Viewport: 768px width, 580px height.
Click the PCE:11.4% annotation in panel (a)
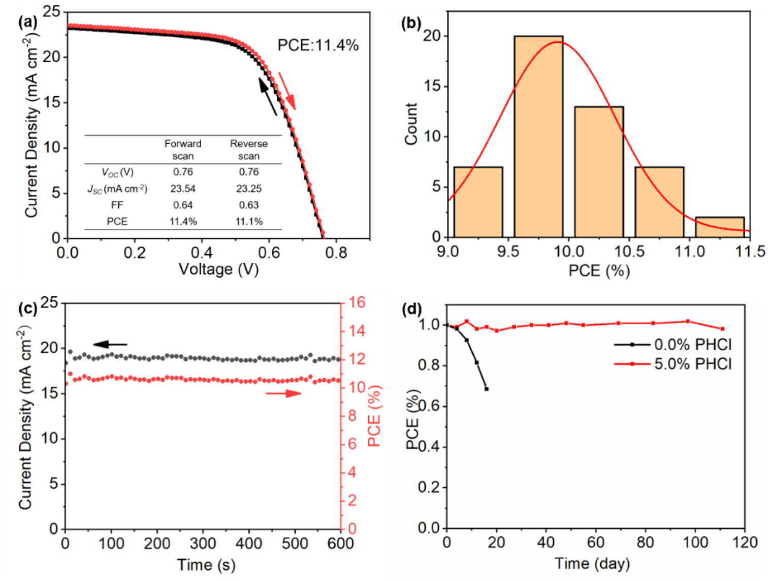click(318, 45)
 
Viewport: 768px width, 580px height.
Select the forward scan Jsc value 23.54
click(183, 189)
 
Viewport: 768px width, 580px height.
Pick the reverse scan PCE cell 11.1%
click(249, 222)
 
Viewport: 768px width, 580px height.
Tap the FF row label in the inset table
click(117, 205)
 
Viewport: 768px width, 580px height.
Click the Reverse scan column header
click(249, 149)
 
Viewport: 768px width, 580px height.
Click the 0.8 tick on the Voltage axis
click(337, 253)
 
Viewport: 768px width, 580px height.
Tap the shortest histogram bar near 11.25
click(720, 227)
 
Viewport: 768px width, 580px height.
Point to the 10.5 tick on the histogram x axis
click(629, 252)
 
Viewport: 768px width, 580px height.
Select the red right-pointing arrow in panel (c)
click(283, 393)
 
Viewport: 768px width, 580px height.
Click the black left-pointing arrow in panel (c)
click(110, 345)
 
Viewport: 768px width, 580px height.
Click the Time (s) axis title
click(206, 564)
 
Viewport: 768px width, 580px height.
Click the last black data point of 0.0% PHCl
click(487, 389)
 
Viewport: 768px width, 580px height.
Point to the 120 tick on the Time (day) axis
click(746, 542)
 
